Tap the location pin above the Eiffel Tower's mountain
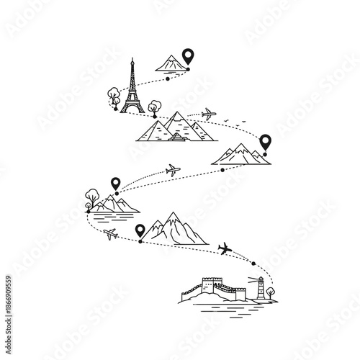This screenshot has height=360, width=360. click(x=188, y=55)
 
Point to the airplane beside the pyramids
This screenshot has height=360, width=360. click(x=208, y=113)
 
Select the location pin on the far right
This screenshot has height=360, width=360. click(x=265, y=143)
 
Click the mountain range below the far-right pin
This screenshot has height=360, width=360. click(x=240, y=154)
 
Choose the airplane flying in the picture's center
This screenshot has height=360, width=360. click(x=173, y=171)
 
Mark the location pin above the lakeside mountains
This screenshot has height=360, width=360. click(x=115, y=184)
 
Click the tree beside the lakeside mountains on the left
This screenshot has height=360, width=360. click(x=91, y=196)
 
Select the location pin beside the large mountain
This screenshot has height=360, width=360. click(x=140, y=231)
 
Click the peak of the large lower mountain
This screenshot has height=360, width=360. click(x=172, y=215)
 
